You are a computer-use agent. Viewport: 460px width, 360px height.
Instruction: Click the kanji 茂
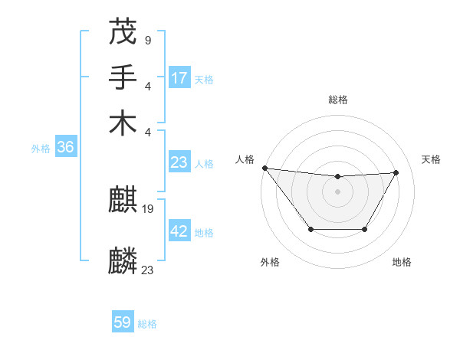click(123, 31)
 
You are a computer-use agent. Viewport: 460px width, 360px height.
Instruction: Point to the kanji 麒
click(123, 201)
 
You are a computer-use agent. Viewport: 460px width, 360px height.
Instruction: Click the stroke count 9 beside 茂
click(147, 39)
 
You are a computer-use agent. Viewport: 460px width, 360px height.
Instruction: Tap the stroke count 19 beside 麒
click(148, 208)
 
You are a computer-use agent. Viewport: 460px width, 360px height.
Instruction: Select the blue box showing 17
click(179, 78)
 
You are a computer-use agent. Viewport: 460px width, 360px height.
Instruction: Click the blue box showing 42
click(179, 231)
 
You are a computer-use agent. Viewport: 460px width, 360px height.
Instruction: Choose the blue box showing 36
click(65, 148)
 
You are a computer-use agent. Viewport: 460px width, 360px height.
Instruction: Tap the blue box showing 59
click(123, 322)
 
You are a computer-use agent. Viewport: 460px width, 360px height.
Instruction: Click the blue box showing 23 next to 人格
click(179, 162)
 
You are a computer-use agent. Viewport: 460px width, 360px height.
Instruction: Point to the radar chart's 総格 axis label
click(338, 100)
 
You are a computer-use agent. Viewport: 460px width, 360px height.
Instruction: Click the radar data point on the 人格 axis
click(265, 168)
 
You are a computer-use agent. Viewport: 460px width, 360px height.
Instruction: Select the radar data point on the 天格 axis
click(396, 172)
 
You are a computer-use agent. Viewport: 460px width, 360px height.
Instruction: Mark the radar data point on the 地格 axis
click(364, 229)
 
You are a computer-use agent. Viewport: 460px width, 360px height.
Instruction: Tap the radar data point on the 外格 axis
click(310, 229)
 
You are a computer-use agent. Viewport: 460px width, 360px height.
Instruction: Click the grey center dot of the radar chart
click(337, 191)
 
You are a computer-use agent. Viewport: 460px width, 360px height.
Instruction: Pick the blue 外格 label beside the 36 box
click(41, 149)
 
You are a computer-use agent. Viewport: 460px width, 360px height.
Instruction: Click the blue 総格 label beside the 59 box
click(147, 324)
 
